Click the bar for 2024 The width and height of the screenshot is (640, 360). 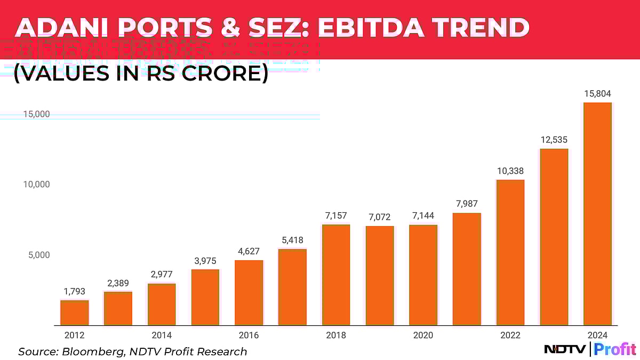597,213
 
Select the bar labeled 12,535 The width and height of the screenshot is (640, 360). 554,237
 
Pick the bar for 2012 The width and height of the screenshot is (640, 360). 74,313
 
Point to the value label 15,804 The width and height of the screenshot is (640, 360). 597,94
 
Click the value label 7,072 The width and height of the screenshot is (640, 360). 379,217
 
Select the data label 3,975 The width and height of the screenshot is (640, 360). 205,260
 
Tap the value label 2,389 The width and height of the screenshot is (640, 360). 118,283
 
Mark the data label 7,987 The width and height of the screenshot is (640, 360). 467,204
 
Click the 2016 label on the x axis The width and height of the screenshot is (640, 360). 249,335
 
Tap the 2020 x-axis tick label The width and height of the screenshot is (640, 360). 423,335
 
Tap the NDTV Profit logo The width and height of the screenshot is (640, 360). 589,349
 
